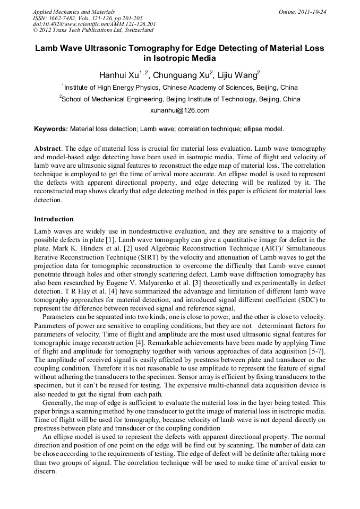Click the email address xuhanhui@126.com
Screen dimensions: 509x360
180,110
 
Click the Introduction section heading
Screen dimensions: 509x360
54,219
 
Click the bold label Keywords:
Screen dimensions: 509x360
51,128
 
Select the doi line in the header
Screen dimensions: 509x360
94,24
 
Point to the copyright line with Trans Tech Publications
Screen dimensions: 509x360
93,31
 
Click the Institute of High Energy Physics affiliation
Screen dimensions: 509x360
180,88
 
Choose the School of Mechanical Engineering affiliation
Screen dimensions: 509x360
180,99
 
